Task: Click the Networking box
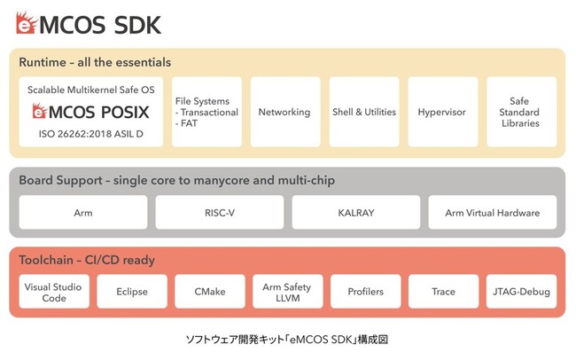pyautogui.click(x=285, y=112)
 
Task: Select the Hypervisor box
pyautogui.click(x=443, y=112)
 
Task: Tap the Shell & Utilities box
pyautogui.click(x=364, y=112)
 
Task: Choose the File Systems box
pyautogui.click(x=206, y=112)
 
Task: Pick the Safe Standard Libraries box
pyautogui.click(x=521, y=112)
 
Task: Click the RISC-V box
pyautogui.click(x=219, y=213)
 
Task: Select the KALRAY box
pyautogui.click(x=356, y=213)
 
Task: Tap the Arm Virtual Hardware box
pyautogui.click(x=492, y=213)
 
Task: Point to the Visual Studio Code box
pyautogui.click(x=54, y=292)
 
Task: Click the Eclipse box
pyautogui.click(x=132, y=292)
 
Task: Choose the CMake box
pyautogui.click(x=210, y=292)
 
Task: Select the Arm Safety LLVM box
pyautogui.click(x=288, y=292)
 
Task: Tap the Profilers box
pyautogui.click(x=365, y=292)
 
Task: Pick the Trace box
pyautogui.click(x=443, y=292)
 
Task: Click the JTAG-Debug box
pyautogui.click(x=521, y=292)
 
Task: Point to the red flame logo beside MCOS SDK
pyautogui.click(x=27, y=23)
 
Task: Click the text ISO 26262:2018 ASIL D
pyautogui.click(x=90, y=134)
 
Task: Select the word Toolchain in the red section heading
pyautogui.click(x=46, y=260)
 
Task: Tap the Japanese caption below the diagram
pyautogui.click(x=287, y=339)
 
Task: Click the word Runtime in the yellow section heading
pyautogui.click(x=43, y=62)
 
